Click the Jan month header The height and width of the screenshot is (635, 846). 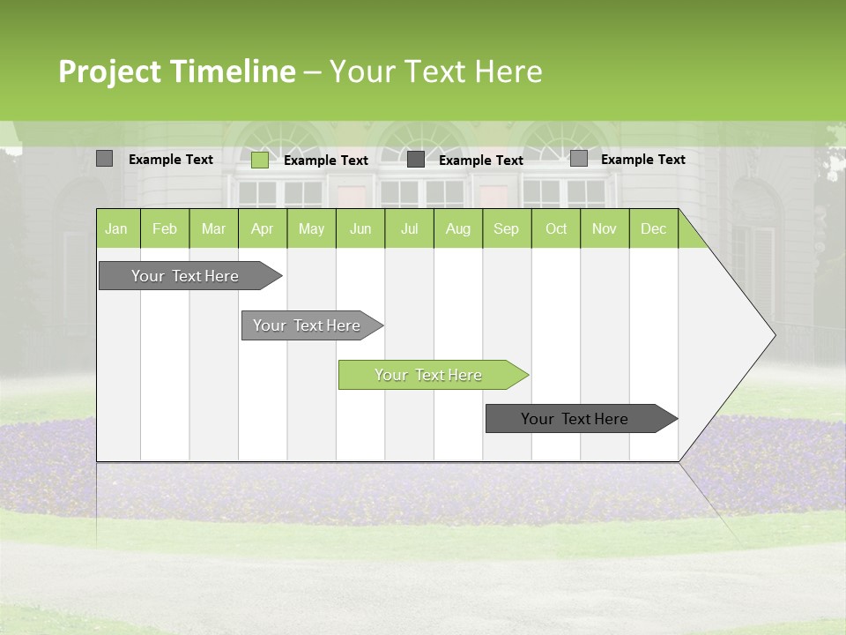click(116, 228)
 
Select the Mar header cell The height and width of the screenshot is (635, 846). click(213, 228)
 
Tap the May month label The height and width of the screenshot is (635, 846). click(311, 228)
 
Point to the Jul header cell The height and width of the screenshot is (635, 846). click(409, 228)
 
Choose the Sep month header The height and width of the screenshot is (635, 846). click(506, 228)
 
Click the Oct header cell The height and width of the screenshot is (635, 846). click(556, 228)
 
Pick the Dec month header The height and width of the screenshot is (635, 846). click(653, 228)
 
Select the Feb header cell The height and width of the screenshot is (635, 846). click(165, 228)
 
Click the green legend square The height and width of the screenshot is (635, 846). click(260, 160)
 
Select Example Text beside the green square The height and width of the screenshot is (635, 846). click(326, 160)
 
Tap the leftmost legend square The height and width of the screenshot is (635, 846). click(104, 159)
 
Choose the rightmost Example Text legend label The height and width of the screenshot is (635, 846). click(642, 159)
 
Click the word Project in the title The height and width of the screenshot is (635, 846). click(109, 71)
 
